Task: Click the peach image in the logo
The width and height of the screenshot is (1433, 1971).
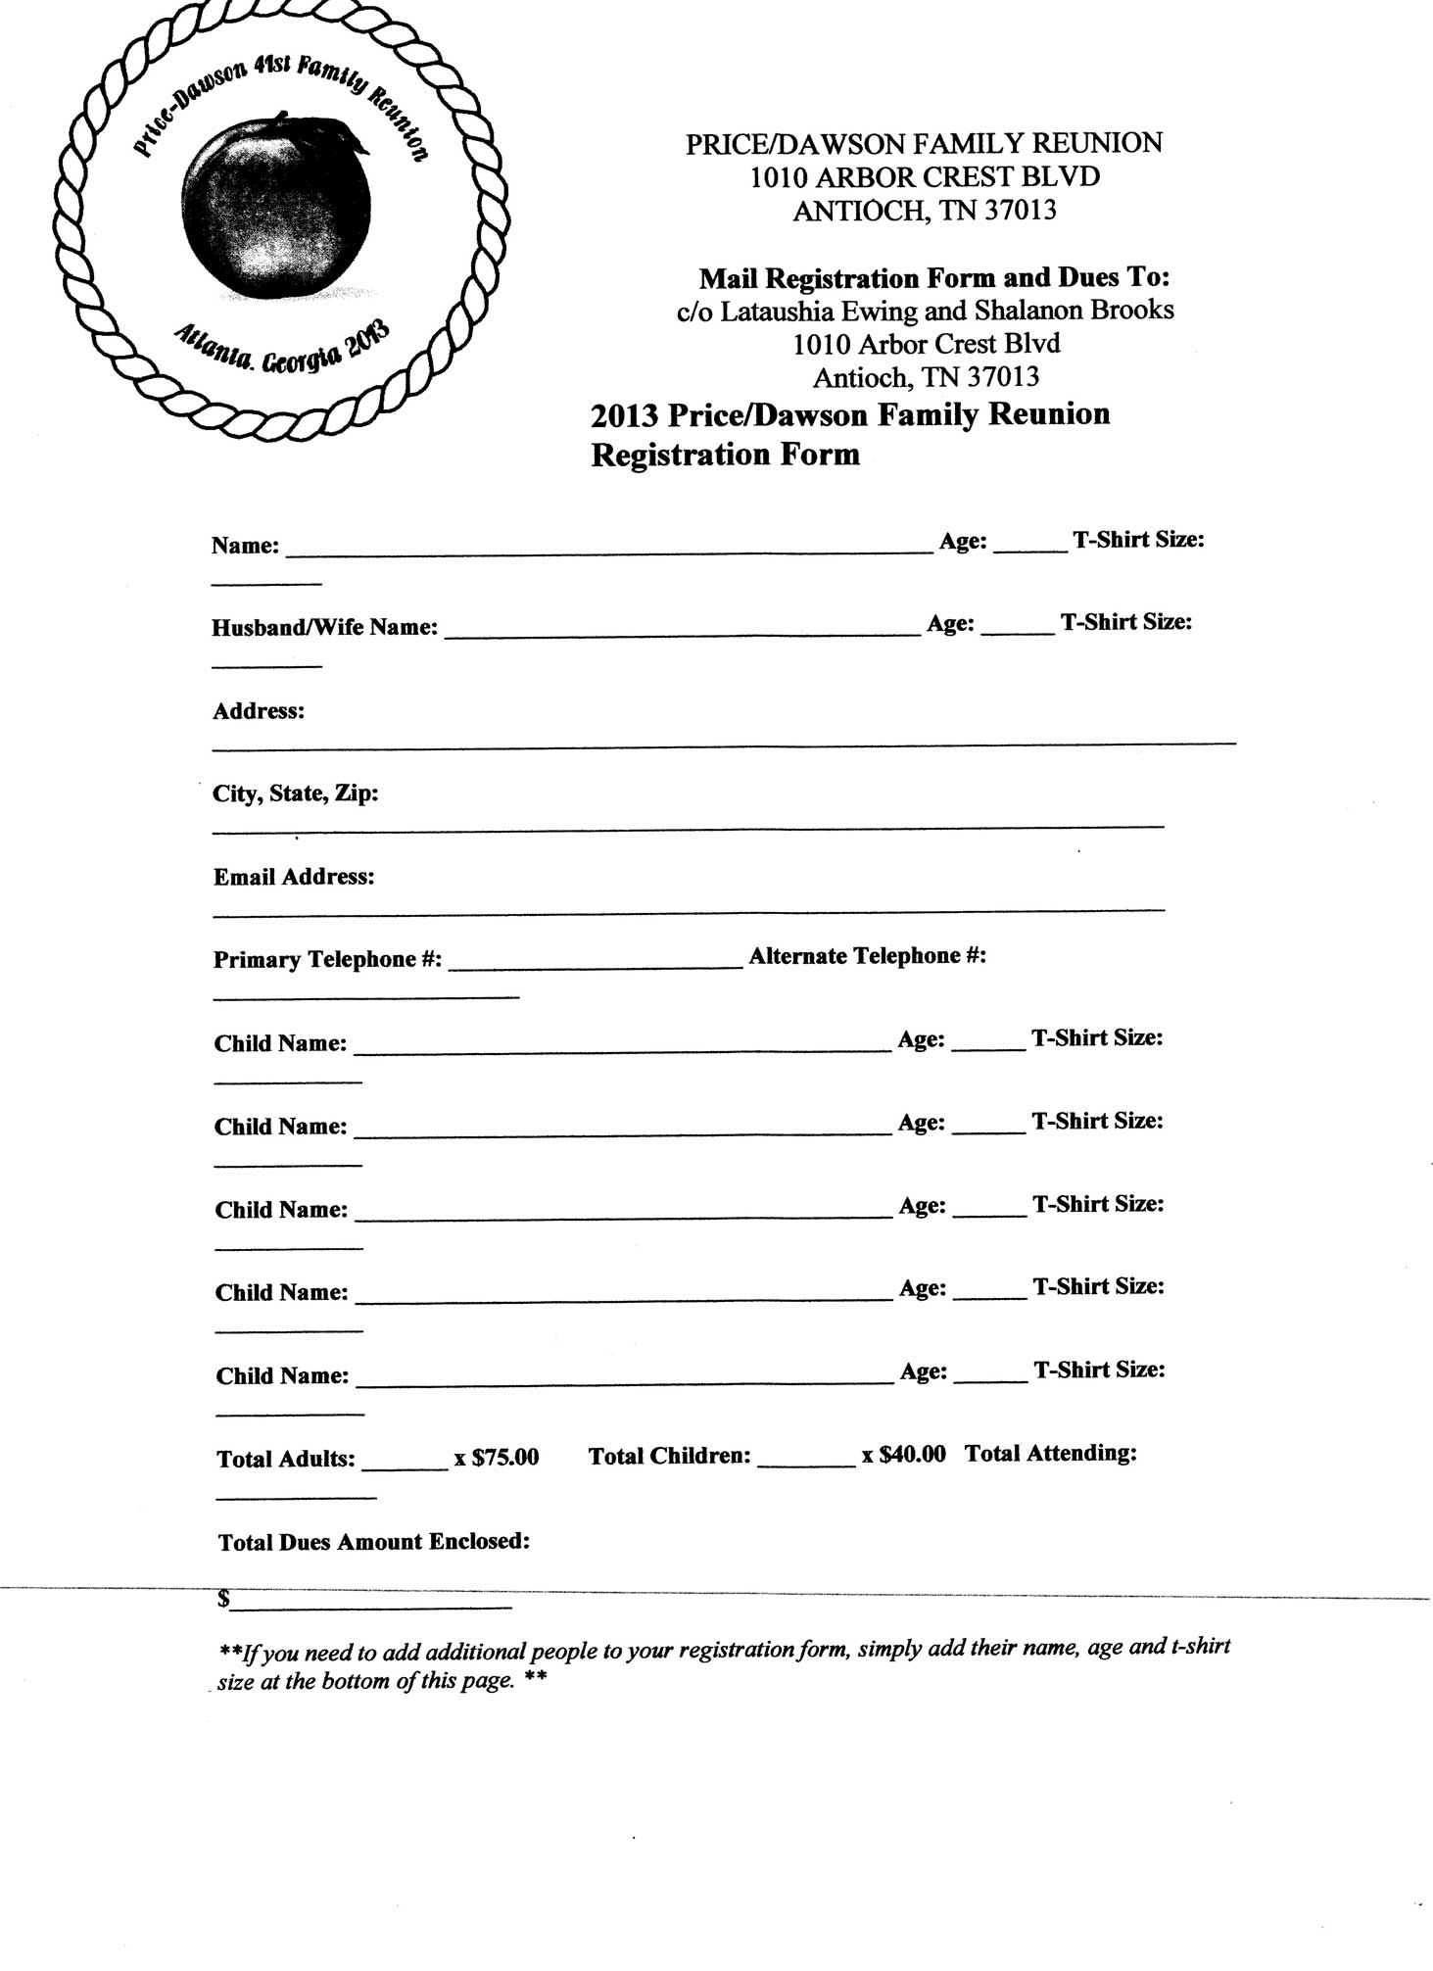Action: (x=276, y=209)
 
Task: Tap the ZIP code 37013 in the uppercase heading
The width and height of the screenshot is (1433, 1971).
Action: (x=1021, y=211)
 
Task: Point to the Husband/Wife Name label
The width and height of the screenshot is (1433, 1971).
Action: (x=324, y=627)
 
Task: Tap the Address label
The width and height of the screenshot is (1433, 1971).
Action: (x=259, y=711)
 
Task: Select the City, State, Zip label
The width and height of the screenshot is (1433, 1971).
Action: (x=296, y=793)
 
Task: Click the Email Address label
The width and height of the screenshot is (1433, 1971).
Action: (x=294, y=877)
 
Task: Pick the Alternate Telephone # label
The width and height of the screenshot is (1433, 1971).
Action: (x=867, y=956)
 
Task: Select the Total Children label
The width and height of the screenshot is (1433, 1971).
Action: (x=669, y=1457)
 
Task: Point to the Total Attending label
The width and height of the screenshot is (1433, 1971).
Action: (x=1050, y=1454)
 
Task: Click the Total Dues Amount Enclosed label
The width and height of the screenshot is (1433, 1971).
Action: (x=373, y=1542)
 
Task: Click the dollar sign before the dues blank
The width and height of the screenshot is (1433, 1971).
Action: (x=224, y=1599)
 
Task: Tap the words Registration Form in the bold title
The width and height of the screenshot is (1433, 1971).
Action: (x=725, y=455)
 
